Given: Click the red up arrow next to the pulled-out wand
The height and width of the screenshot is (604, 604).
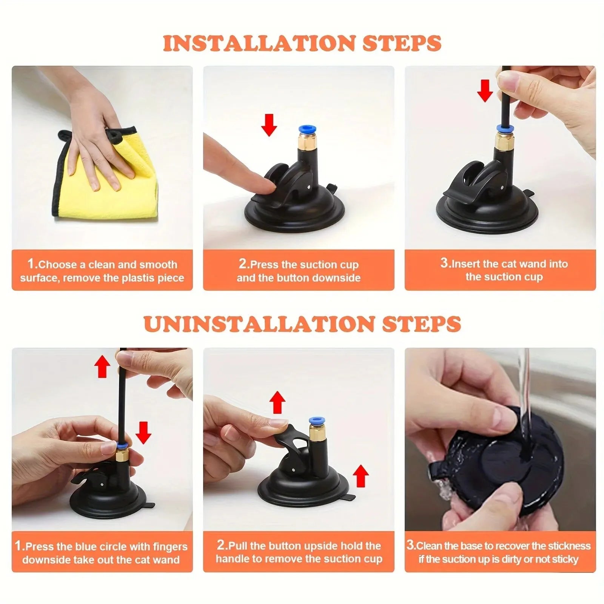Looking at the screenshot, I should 102,367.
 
